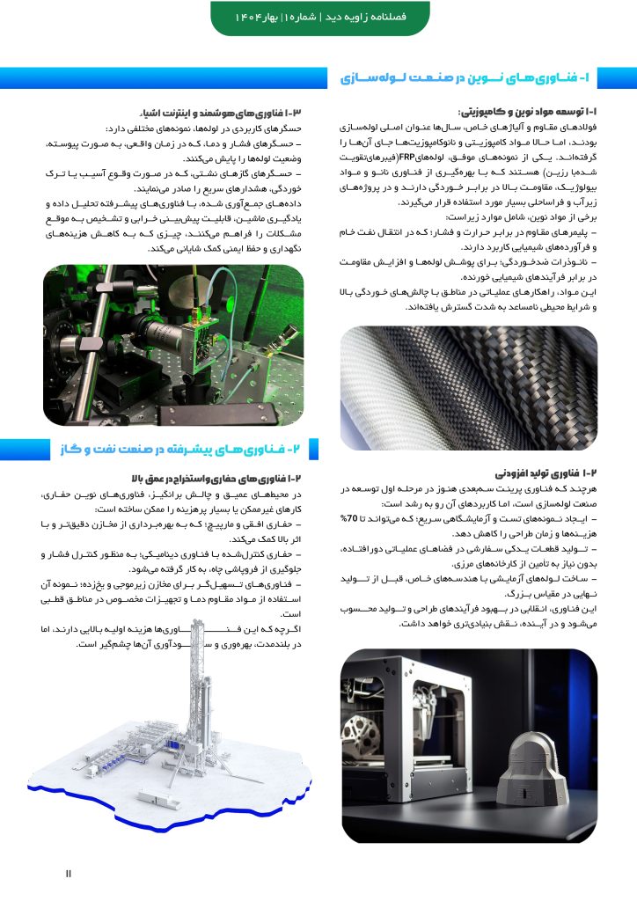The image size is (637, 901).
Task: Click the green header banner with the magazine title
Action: (318, 18)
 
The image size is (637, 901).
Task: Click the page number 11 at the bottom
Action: (69, 873)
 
